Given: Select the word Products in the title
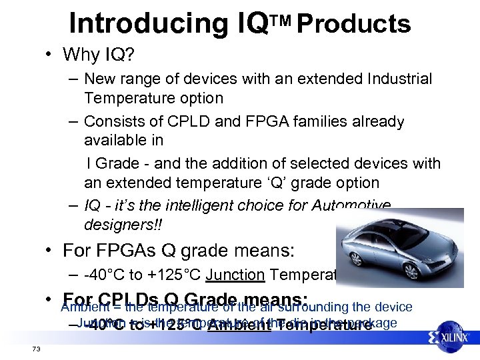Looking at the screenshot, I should point(353,24).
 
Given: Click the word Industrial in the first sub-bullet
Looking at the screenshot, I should point(399,79).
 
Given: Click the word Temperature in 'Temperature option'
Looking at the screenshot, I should point(121,98).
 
